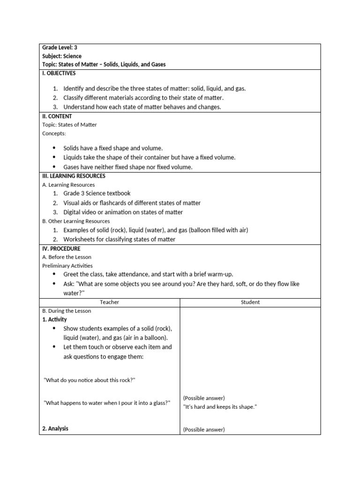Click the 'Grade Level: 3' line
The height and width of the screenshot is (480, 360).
click(60, 47)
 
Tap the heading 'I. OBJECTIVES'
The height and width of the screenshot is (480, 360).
click(59, 73)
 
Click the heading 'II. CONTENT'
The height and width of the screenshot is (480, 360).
click(57, 116)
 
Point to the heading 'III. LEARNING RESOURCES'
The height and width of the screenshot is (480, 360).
click(74, 176)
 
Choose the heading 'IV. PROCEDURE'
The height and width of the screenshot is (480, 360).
click(61, 248)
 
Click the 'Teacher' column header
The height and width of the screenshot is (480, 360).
click(110, 302)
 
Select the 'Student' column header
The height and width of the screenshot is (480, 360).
click(250, 302)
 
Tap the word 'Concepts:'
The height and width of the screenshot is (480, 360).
click(54, 134)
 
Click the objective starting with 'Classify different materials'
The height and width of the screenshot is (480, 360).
click(143, 97)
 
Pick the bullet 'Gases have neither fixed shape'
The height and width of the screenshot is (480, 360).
click(127, 167)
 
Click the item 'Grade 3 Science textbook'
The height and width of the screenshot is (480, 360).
click(97, 193)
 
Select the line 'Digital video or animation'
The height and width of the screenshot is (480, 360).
click(123, 212)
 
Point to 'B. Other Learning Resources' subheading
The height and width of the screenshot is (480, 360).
click(76, 221)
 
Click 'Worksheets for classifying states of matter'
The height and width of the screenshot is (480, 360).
click(119, 239)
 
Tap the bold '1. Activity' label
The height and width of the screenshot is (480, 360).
click(54, 319)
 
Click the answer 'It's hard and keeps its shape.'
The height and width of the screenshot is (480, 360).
click(220, 407)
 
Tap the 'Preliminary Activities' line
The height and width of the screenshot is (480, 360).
click(66, 265)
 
